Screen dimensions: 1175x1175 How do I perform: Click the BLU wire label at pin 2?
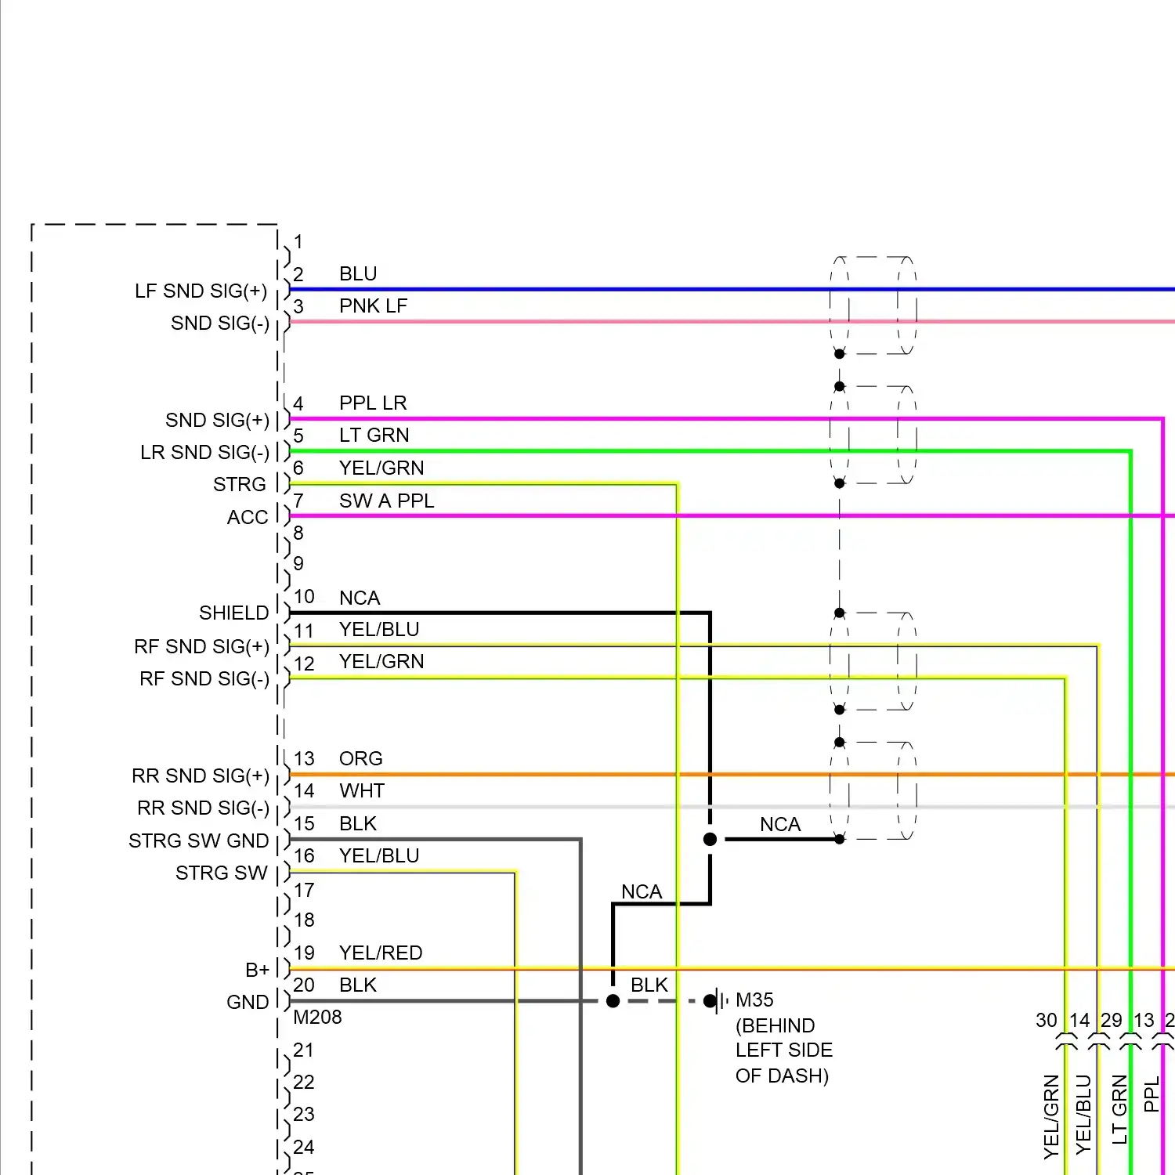tap(358, 273)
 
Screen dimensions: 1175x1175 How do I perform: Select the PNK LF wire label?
tap(373, 305)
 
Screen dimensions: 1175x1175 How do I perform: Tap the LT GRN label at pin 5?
tap(374, 435)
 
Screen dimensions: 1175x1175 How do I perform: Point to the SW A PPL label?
tap(386, 501)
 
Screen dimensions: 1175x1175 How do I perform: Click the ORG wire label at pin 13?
tap(360, 758)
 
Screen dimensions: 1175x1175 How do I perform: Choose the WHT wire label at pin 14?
tap(361, 790)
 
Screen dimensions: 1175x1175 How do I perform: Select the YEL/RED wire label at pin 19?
tap(381, 953)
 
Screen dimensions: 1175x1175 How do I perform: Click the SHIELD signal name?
tap(233, 613)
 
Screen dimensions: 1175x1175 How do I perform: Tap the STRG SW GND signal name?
tap(199, 841)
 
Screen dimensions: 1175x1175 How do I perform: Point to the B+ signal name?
tap(257, 970)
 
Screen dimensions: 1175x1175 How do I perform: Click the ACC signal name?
tap(248, 517)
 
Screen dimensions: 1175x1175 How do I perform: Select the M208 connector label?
tap(317, 1017)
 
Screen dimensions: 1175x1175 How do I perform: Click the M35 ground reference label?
tap(754, 1000)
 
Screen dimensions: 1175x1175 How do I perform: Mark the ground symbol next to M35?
tap(716, 1000)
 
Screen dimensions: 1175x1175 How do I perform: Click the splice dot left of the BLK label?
tap(613, 1001)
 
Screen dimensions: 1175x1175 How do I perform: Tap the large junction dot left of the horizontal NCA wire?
tap(710, 840)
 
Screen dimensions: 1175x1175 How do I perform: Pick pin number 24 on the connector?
tap(304, 1147)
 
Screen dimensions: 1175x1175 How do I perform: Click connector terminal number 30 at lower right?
tap(1047, 1020)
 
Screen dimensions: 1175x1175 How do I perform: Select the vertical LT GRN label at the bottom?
tap(1120, 1109)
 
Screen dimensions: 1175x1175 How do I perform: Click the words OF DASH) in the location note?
tap(782, 1076)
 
